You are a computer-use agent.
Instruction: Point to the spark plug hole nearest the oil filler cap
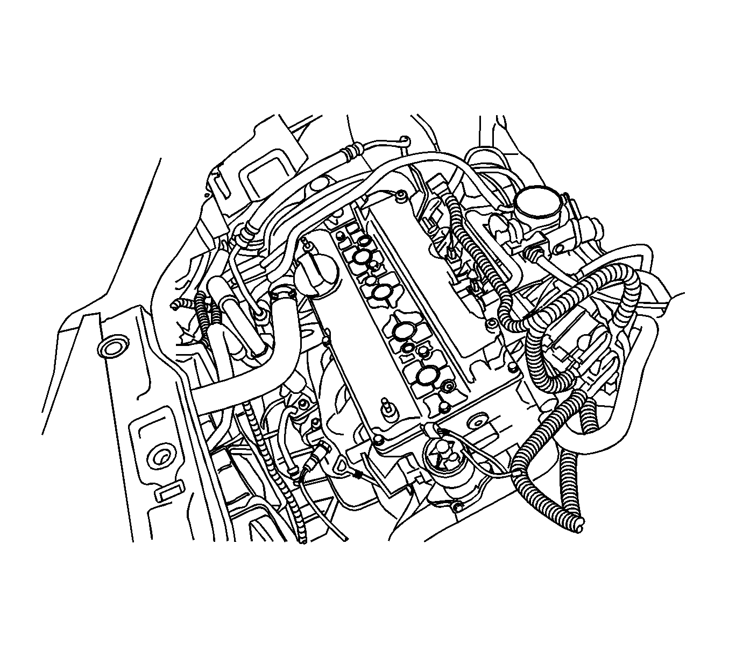(361, 257)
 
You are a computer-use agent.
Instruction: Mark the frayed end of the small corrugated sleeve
(175, 305)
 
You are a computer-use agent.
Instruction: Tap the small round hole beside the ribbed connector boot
(560, 248)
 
